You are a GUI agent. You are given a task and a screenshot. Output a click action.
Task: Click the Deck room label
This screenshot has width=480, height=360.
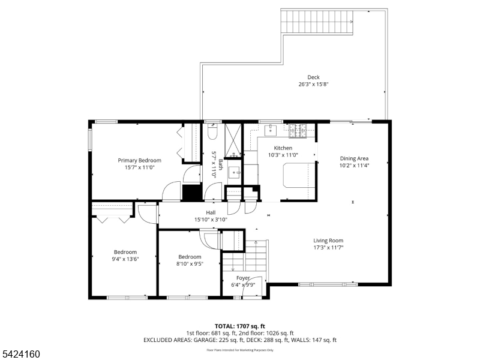coord(313,77)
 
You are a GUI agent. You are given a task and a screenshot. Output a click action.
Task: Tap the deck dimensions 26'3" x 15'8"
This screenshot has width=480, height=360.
coord(313,84)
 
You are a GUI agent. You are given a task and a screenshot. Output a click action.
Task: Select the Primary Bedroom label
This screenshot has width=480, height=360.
coord(139,160)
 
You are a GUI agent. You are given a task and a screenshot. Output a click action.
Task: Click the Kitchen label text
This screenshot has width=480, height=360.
coord(283,148)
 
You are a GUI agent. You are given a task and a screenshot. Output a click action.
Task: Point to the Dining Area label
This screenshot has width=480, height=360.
coord(354,158)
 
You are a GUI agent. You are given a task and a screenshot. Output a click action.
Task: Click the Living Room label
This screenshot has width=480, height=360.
coord(328,240)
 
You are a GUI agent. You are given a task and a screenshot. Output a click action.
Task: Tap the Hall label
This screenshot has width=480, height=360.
coord(211,212)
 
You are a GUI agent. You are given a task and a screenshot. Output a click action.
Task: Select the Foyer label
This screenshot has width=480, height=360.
coord(242,278)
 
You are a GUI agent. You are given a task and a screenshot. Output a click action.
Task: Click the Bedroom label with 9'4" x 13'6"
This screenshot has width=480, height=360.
coord(125,252)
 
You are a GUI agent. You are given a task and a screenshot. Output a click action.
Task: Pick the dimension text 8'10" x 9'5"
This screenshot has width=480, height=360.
coord(190,263)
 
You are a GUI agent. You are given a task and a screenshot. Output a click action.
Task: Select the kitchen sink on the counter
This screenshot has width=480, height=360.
coord(271,128)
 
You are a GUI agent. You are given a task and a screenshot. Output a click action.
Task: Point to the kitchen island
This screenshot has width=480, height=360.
coord(298,175)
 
